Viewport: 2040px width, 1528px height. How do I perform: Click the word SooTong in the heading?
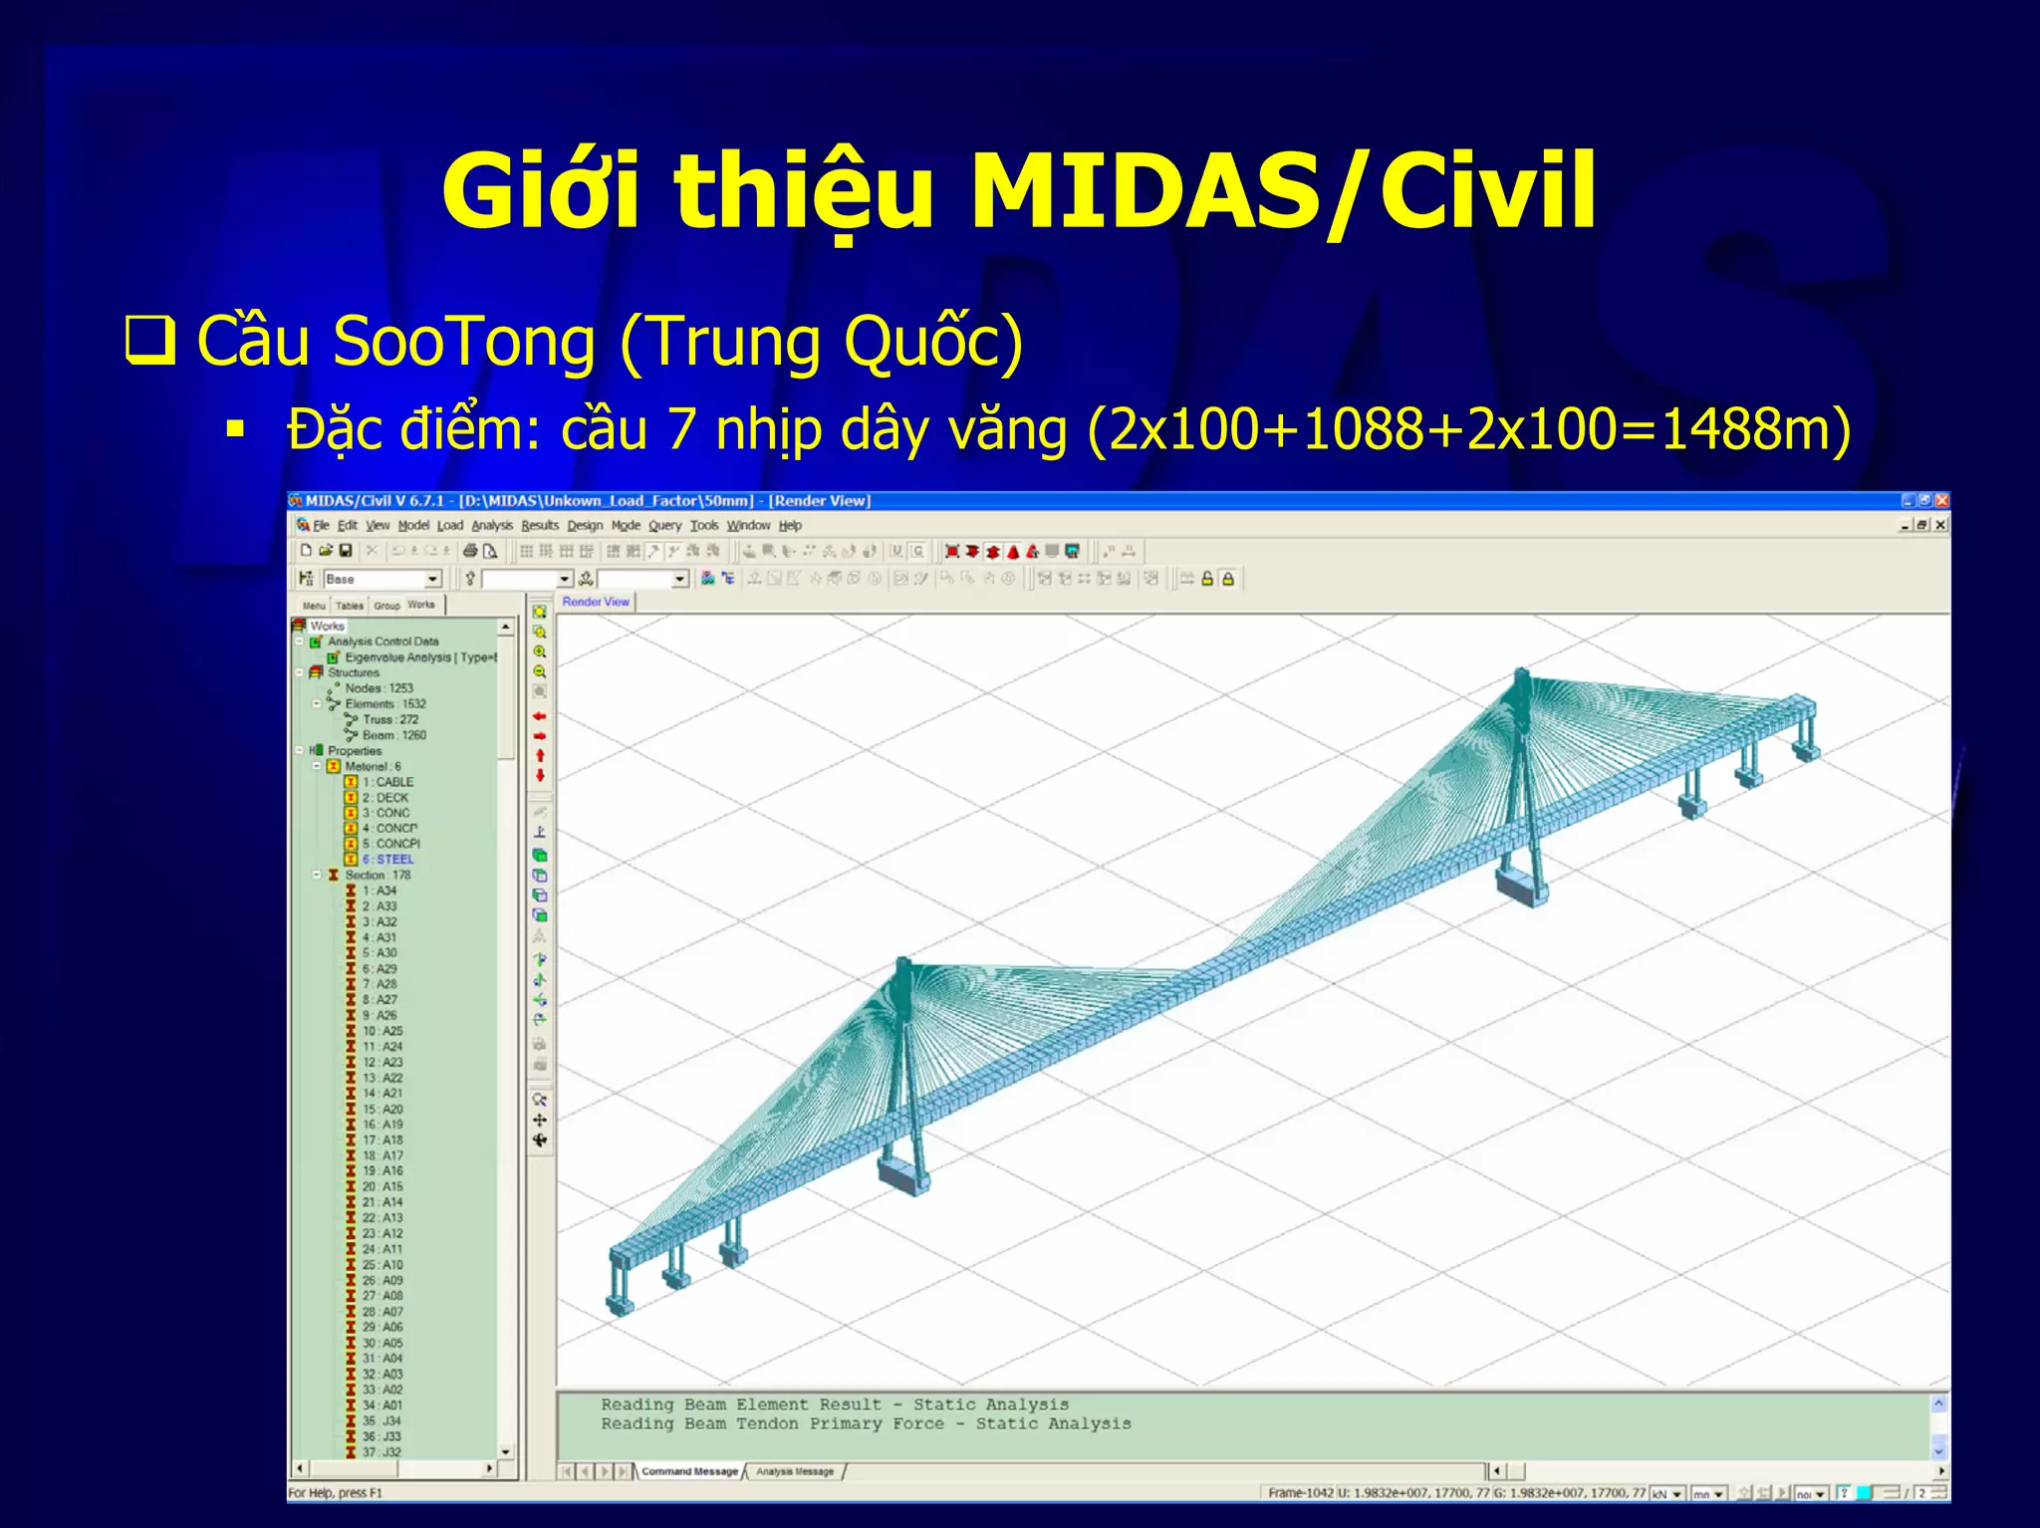[x=464, y=342]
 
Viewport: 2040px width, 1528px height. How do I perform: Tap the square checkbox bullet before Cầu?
[x=150, y=341]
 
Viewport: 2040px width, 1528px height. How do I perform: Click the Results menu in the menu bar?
[x=540, y=525]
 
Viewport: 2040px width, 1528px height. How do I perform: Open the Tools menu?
[x=703, y=525]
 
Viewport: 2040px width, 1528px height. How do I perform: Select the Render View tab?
[x=596, y=602]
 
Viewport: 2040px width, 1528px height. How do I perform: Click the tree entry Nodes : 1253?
[x=379, y=688]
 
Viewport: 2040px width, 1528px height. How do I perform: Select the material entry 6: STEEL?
[x=387, y=859]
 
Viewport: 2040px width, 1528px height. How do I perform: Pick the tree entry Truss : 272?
[x=390, y=719]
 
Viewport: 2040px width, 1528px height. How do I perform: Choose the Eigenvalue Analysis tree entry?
[x=418, y=657]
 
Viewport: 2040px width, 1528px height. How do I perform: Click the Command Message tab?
[x=689, y=1471]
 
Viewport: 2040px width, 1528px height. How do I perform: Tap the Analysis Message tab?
[x=795, y=1471]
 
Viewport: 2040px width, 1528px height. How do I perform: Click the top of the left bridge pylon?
[x=902, y=966]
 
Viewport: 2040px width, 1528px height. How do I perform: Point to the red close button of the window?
[x=1941, y=501]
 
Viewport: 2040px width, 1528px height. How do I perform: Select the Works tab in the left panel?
[x=421, y=605]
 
